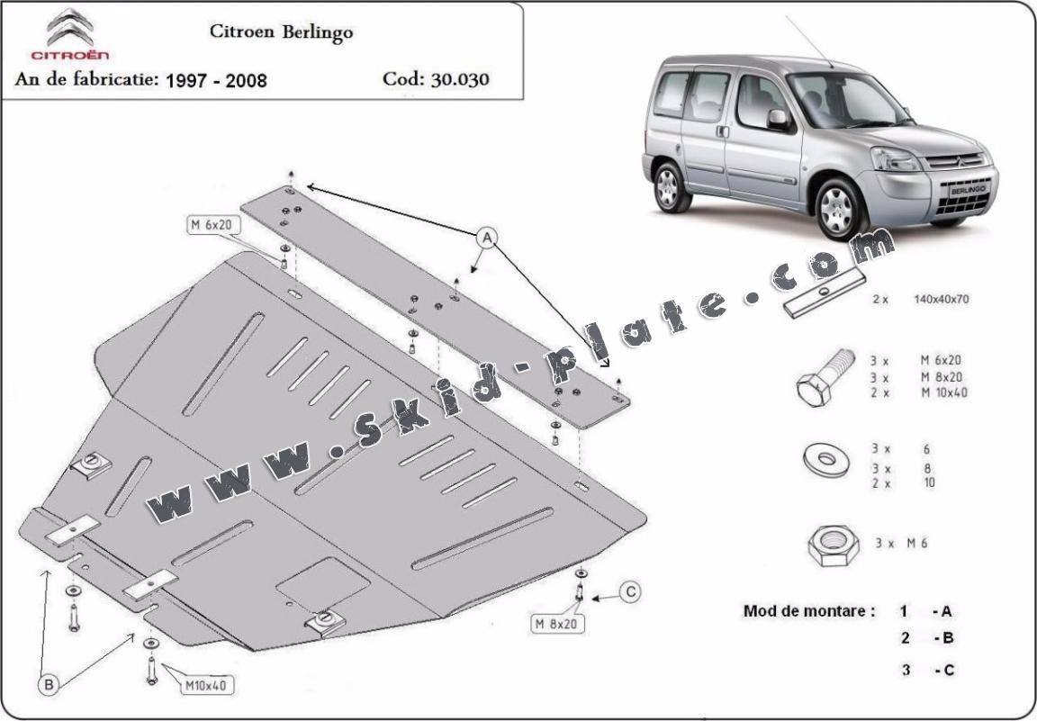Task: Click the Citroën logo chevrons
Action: click(69, 26)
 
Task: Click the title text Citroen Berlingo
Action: click(281, 32)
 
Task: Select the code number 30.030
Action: click(460, 78)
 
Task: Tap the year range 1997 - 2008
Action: click(216, 79)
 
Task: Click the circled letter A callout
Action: click(487, 238)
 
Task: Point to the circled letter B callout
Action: click(49, 685)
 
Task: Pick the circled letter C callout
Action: click(631, 591)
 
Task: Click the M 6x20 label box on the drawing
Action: click(212, 226)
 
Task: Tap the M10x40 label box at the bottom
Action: click(206, 686)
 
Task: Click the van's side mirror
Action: click(777, 119)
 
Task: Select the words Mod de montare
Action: click(808, 610)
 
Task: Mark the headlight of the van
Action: click(897, 160)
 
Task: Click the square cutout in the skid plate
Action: click(322, 584)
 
